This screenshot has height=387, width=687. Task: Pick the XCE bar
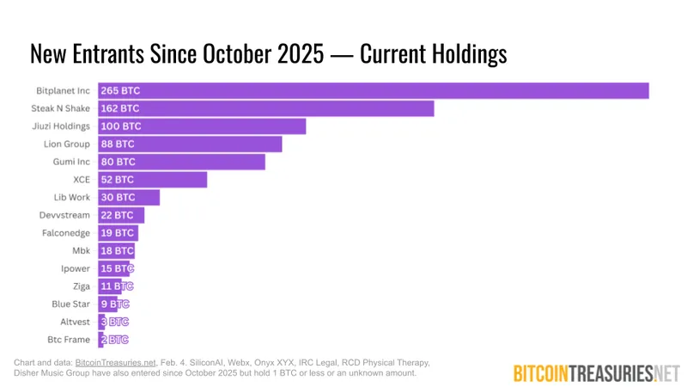tap(153, 180)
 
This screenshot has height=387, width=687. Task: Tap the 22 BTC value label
tap(118, 215)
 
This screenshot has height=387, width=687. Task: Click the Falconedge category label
tap(66, 233)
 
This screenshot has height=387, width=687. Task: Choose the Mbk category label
tap(81, 250)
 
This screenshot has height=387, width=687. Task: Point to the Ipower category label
tap(74, 268)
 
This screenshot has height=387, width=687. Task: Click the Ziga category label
tap(81, 286)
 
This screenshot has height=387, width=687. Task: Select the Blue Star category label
tap(70, 304)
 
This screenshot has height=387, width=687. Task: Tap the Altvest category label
tap(73, 322)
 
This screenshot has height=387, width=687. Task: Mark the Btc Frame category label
tap(69, 340)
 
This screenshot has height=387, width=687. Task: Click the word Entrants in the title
tap(118, 53)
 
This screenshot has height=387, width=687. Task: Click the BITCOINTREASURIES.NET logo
tap(595, 373)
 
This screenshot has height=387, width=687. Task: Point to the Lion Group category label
tap(67, 144)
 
